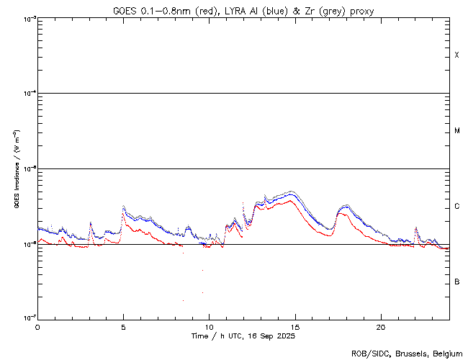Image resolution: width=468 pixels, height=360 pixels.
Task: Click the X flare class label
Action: point(456,55)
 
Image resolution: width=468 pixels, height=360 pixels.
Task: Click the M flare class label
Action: point(456,131)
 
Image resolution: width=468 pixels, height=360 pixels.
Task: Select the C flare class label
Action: point(456,207)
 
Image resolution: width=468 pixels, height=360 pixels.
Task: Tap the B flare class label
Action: point(456,282)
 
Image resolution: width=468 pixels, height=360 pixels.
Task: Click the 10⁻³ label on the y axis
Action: point(27,19)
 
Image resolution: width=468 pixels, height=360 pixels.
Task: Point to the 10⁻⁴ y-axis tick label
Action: point(27,94)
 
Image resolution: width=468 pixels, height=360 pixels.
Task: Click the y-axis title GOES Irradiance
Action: point(15,169)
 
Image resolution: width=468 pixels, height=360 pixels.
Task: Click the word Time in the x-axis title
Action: point(199,336)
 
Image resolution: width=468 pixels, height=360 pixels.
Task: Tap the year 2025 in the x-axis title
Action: point(286,336)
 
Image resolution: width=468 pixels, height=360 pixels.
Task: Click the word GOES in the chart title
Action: point(123,10)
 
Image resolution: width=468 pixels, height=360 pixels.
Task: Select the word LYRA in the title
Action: point(230,10)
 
